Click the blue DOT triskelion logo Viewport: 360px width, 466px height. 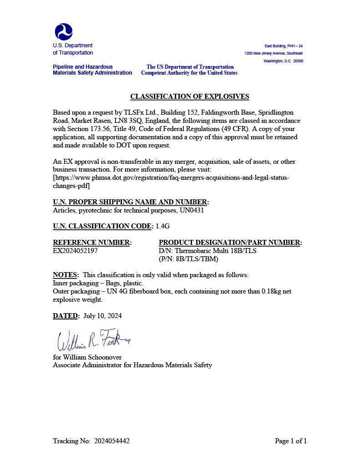[64, 31]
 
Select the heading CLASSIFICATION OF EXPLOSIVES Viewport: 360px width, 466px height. [190, 96]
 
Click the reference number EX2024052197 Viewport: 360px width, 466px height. [75, 251]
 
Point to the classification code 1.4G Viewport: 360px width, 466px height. [163, 226]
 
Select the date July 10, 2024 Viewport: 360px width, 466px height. [102, 316]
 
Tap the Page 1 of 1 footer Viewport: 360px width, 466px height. [291, 441]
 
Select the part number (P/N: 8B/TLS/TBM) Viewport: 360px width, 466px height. [188, 259]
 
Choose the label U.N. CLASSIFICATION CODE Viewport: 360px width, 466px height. [103, 226]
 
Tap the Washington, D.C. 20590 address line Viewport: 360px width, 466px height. [283, 61]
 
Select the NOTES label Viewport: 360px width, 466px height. [66, 275]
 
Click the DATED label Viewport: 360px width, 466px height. [66, 316]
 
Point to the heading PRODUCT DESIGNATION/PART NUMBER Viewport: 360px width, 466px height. [230, 243]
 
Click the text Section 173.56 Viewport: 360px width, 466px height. [89, 129]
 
